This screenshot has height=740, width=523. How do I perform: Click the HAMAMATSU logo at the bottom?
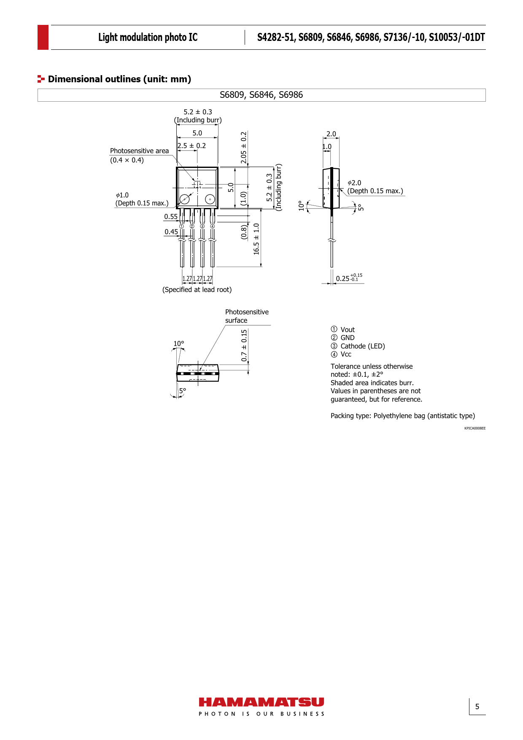click(x=261, y=707)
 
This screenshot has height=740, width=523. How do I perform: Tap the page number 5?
click(x=477, y=707)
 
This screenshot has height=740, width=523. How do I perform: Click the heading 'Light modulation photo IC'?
click(x=148, y=38)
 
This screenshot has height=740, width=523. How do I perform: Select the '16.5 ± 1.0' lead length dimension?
click(x=256, y=239)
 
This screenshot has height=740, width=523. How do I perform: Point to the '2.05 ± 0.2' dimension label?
click(x=244, y=148)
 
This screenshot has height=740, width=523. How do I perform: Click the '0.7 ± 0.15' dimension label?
click(x=244, y=346)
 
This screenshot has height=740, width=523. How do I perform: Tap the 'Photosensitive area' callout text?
click(x=139, y=151)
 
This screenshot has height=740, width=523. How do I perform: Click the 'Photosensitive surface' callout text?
click(x=247, y=316)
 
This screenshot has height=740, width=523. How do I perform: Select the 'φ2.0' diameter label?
click(x=354, y=183)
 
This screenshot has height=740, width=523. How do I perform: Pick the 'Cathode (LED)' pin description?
click(x=363, y=346)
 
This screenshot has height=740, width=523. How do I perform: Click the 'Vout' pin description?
click(x=348, y=329)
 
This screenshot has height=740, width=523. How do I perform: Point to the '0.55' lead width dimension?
click(x=171, y=216)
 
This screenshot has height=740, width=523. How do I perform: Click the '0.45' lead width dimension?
click(x=171, y=232)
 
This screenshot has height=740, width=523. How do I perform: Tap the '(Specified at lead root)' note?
click(x=197, y=289)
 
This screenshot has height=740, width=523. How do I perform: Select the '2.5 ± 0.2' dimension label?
click(x=192, y=146)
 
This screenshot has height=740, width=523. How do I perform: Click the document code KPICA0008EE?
click(x=475, y=428)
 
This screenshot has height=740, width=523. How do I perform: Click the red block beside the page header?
click(x=43, y=38)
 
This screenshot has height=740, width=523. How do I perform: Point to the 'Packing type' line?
click(x=403, y=416)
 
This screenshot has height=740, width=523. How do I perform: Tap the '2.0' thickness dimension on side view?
click(x=331, y=134)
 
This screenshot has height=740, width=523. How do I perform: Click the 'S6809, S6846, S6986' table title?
click(x=261, y=95)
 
